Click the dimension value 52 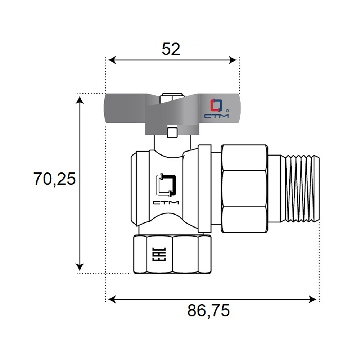(x=171, y=49)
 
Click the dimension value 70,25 (x=55, y=179)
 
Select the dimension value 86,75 (x=208, y=311)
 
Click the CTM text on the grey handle (x=216, y=116)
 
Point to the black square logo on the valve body (x=166, y=185)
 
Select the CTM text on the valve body (x=166, y=202)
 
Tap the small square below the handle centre (x=172, y=133)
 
